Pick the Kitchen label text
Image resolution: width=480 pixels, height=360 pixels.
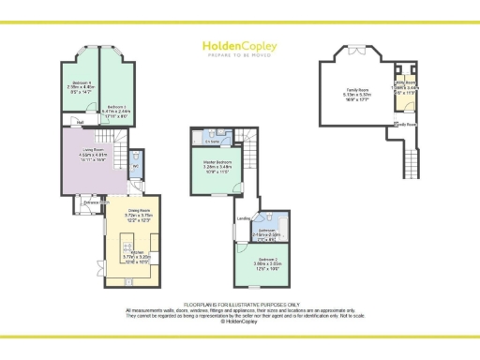(137, 253)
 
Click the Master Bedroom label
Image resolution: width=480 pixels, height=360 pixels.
(218, 163)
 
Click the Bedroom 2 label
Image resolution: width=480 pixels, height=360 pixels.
(269, 260)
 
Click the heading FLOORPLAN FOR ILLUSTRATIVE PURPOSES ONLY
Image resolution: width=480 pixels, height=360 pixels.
(239, 305)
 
